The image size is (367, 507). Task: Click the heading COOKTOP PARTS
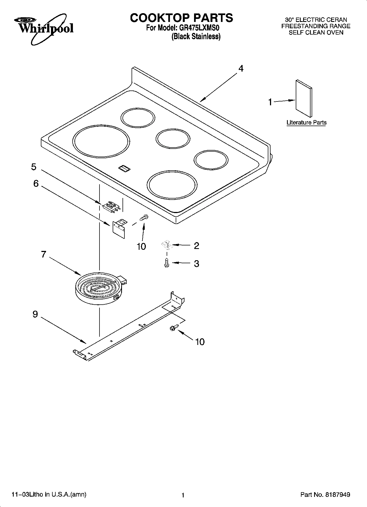[181, 18]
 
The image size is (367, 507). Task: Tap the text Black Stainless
[196, 37]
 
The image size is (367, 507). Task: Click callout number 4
[241, 69]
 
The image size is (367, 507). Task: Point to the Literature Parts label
[306, 123]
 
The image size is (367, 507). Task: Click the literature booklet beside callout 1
[304, 98]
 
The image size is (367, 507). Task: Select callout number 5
[33, 167]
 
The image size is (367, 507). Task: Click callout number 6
[36, 183]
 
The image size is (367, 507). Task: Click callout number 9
[35, 314]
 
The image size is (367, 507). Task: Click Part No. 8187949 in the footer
[325, 495]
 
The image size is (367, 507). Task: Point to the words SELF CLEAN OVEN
[316, 32]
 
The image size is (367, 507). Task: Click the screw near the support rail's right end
[173, 327]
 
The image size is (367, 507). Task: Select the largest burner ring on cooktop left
[101, 142]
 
